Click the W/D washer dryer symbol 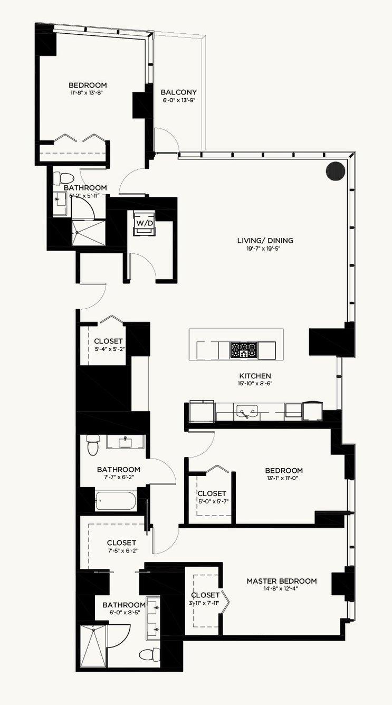[x=145, y=223]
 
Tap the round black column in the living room [x=336, y=171]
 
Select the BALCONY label [x=179, y=92]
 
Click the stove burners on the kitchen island [x=244, y=350]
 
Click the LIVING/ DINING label [x=265, y=241]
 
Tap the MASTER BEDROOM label [x=282, y=581]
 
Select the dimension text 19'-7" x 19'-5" [x=265, y=249]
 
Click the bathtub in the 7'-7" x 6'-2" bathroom [x=116, y=501]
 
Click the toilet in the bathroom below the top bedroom [x=62, y=178]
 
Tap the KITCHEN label [x=255, y=376]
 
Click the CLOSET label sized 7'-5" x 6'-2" [x=121, y=543]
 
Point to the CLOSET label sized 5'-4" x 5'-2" [x=108, y=341]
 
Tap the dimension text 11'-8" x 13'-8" [x=88, y=93]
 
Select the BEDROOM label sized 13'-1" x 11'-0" [x=284, y=471]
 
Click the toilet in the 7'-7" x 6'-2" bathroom [x=93, y=445]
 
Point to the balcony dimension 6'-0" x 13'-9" [x=179, y=100]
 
